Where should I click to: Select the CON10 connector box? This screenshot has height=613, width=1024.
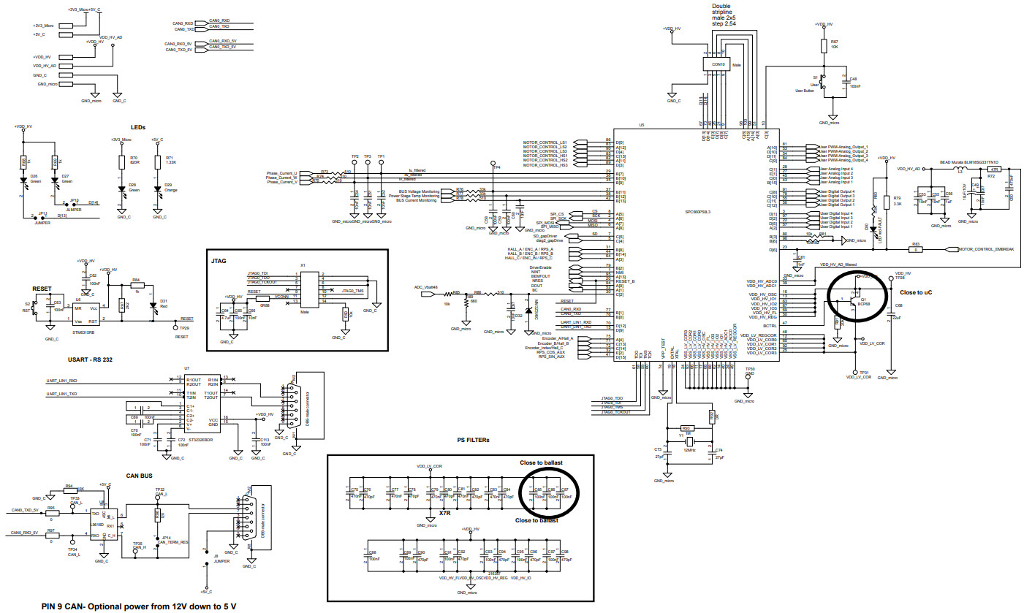[718, 64]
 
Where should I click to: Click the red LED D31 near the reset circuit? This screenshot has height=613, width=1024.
[153, 305]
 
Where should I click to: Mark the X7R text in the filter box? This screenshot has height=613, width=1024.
[445, 514]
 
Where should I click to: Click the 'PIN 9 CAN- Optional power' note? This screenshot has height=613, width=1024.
[139, 606]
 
